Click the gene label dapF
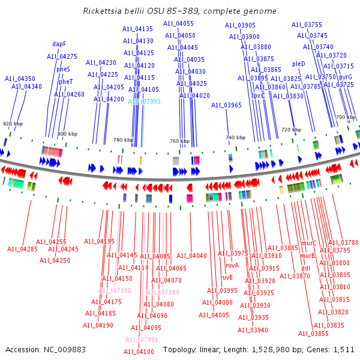[x=59, y=44]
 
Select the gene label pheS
[x=63, y=69]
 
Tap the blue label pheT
[x=65, y=82]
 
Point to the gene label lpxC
[x=258, y=95]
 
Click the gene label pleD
[x=298, y=64]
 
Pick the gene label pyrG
[x=345, y=77]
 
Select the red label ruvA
[x=232, y=265]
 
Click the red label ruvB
[x=226, y=277]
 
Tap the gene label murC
[x=309, y=243]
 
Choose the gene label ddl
[x=305, y=268]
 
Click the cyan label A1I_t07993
[x=144, y=101]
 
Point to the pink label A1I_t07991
[x=142, y=340]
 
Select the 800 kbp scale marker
[x=67, y=134]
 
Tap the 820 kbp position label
[x=13, y=124]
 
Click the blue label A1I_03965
[x=226, y=105]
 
